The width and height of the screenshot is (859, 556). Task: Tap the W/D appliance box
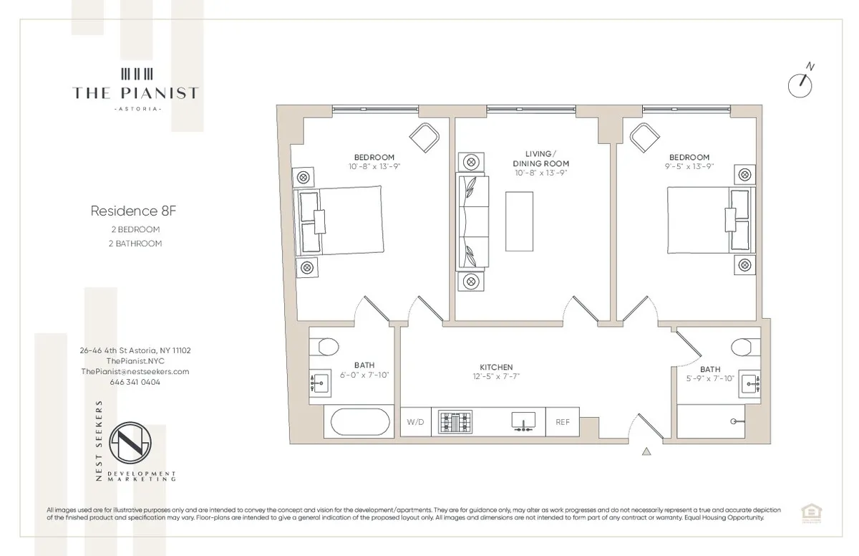[415, 422]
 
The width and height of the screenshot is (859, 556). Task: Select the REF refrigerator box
[563, 422]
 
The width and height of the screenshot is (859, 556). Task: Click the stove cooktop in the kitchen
[456, 421]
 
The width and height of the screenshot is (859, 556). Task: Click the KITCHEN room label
[496, 367]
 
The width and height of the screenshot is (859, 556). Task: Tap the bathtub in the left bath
[358, 422]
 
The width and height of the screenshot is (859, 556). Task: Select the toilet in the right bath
[745, 347]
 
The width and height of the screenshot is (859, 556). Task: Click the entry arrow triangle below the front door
[646, 451]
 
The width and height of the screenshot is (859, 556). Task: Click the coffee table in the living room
[519, 221]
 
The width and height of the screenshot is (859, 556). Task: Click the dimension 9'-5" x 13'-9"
[689, 166]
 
